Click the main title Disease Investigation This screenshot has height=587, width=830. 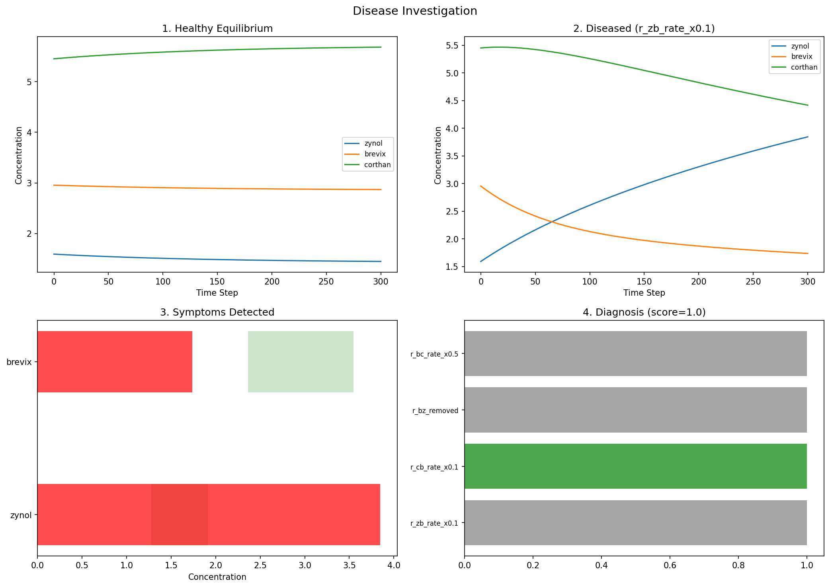(x=415, y=11)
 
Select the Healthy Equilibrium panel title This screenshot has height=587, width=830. (x=217, y=29)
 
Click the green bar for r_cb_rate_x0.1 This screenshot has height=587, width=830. (x=635, y=466)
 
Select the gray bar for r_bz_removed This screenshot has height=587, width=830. (x=635, y=410)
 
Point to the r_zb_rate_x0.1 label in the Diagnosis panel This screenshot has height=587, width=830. (x=434, y=523)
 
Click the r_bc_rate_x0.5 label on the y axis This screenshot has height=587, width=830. (x=434, y=354)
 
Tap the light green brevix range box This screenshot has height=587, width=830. (x=301, y=362)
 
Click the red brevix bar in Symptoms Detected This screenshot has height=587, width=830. (x=115, y=362)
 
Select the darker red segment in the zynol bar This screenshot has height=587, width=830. (x=179, y=515)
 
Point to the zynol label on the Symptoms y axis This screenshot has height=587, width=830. (x=21, y=515)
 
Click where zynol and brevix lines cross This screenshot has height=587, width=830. (x=552, y=222)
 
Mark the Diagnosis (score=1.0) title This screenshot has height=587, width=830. (x=644, y=312)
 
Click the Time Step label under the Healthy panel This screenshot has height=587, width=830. (x=217, y=293)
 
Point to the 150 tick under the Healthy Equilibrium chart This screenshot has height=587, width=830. (x=217, y=282)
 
